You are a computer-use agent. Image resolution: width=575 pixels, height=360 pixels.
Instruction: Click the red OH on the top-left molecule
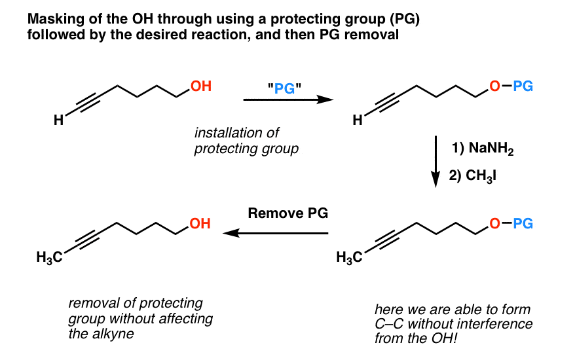pyautogui.click(x=200, y=85)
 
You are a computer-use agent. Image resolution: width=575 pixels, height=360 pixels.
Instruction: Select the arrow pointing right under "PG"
pyautogui.click(x=284, y=100)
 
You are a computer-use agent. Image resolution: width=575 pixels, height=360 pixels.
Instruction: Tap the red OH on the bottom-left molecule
pyautogui.click(x=200, y=224)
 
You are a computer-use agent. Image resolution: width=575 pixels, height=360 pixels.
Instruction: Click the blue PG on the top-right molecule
pyautogui.click(x=523, y=85)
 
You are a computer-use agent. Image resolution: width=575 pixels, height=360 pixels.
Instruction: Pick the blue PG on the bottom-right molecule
pyautogui.click(x=523, y=224)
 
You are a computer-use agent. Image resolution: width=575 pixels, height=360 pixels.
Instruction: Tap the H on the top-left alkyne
pyautogui.click(x=58, y=120)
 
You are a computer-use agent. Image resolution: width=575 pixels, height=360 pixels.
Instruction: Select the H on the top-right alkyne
pyautogui.click(x=358, y=120)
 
